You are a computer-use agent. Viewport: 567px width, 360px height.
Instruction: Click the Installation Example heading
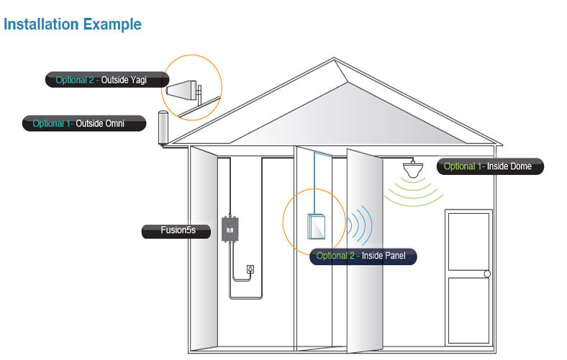click(x=72, y=24)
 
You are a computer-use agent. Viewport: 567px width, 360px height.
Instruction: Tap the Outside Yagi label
click(x=107, y=80)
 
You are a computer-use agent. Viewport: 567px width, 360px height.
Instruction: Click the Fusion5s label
click(x=178, y=231)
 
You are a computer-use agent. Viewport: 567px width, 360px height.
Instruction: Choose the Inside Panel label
click(x=363, y=256)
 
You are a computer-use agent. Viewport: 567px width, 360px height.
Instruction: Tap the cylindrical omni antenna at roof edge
click(x=163, y=128)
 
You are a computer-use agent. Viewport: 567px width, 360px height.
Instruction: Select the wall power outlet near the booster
click(x=249, y=269)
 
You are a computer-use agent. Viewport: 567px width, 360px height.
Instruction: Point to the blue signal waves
click(x=360, y=225)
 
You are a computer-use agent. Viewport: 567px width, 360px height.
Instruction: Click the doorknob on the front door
click(x=487, y=274)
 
